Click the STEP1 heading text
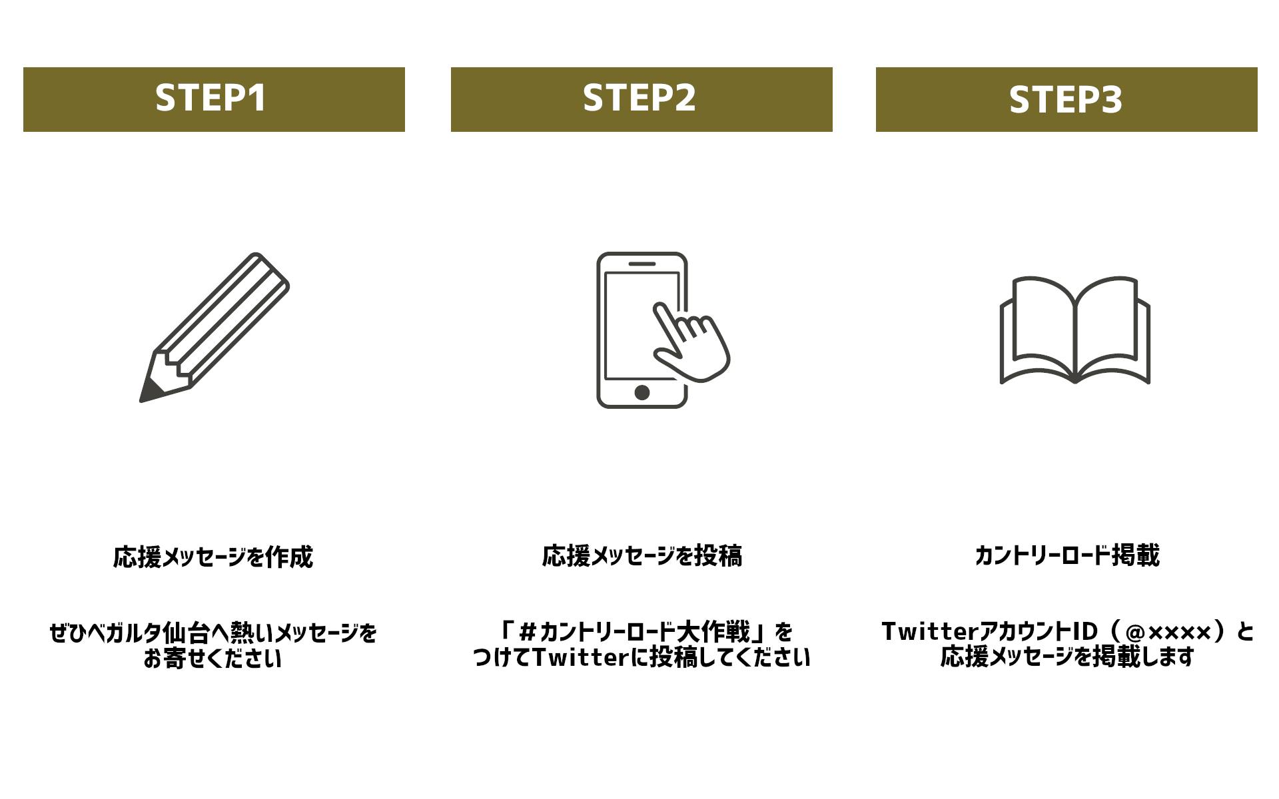[x=211, y=98]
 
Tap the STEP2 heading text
[x=639, y=98]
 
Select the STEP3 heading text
[x=1066, y=100]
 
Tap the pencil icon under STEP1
[x=214, y=328]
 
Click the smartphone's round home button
[x=642, y=392]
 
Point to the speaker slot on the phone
[x=642, y=264]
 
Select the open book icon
[x=1075, y=330]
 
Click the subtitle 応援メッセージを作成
[x=213, y=557]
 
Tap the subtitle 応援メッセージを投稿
[x=642, y=556]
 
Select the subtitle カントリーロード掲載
[x=1067, y=555]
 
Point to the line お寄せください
[x=213, y=659]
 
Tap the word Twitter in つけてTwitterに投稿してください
[x=580, y=658]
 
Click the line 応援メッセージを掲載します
[x=1067, y=657]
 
